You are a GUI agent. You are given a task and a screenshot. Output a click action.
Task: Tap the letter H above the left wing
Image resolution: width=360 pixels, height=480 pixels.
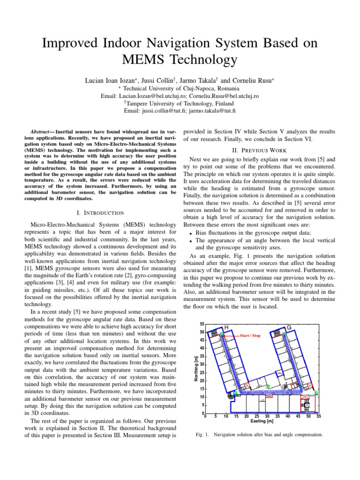pyautogui.click(x=226, y=327)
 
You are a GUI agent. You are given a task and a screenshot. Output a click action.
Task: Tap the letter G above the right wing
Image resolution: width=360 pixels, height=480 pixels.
pyautogui.click(x=289, y=327)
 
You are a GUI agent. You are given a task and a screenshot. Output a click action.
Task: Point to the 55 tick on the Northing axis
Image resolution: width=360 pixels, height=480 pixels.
pyautogui.click(x=202, y=324)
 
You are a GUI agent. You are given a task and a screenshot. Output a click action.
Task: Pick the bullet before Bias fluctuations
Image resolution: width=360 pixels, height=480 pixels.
pyautogui.click(x=190, y=233)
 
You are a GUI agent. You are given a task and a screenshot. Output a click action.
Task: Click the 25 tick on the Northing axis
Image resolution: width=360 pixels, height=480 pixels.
pyautogui.click(x=202, y=373)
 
